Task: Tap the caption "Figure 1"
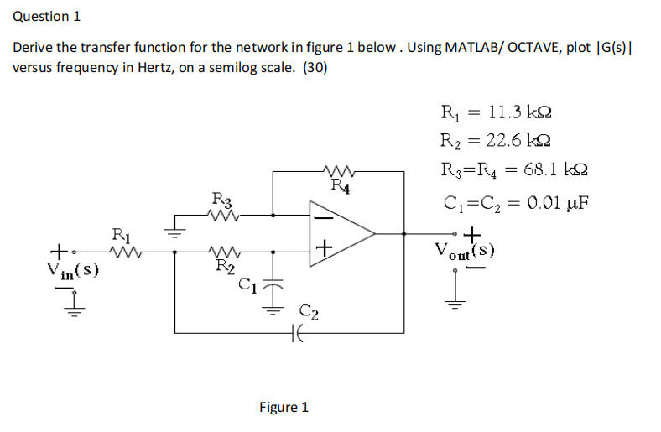point(284,407)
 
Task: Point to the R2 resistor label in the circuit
point(224,268)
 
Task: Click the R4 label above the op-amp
point(340,185)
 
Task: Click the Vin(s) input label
point(73,269)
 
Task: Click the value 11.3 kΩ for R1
point(524,112)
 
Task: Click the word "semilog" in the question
point(229,67)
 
